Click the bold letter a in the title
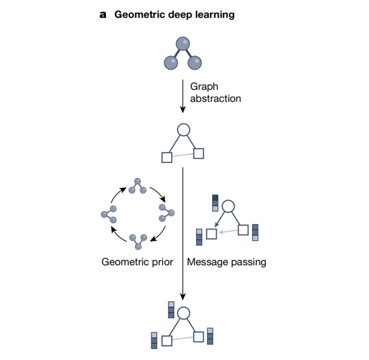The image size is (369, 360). [103, 15]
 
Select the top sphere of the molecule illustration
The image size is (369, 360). [182, 43]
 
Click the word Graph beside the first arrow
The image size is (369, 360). [203, 86]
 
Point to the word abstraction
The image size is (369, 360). [215, 98]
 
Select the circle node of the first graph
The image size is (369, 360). [183, 130]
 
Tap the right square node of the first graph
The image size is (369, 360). [199, 153]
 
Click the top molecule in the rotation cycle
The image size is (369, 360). [137, 185]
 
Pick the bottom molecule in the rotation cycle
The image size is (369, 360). [138, 241]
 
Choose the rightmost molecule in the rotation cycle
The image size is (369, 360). [167, 214]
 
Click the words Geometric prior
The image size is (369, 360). [137, 262]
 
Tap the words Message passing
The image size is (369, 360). [226, 262]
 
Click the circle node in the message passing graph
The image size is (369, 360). [228, 206]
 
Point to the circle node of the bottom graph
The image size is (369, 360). [183, 313]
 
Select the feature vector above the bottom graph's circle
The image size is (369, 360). [171, 309]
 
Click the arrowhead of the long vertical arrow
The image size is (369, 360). [182, 297]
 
